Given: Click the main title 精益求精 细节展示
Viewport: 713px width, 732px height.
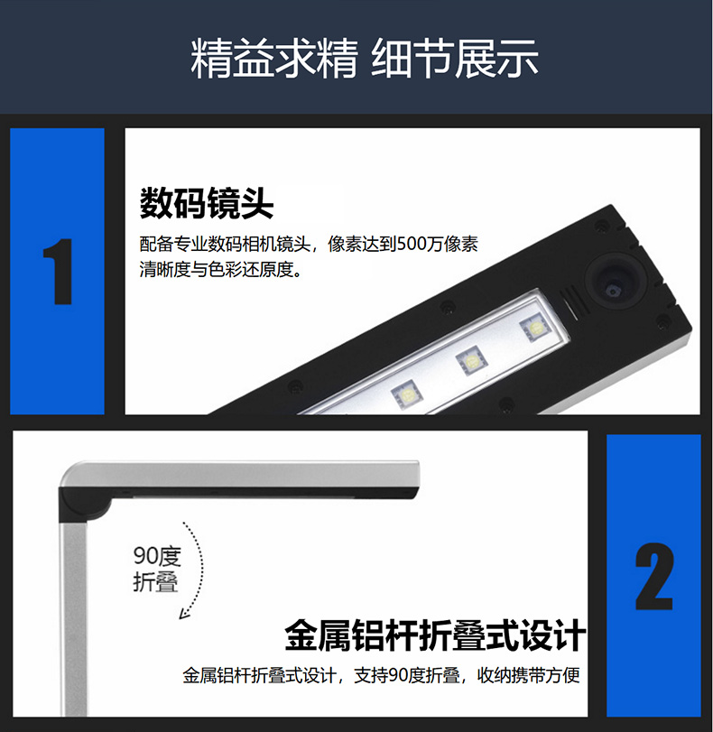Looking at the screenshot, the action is (x=365, y=59).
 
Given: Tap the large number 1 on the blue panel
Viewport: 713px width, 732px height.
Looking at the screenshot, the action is (x=59, y=272).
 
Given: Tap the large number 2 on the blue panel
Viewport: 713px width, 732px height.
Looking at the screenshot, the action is (x=654, y=576).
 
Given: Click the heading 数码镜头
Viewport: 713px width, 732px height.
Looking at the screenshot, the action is (x=207, y=203).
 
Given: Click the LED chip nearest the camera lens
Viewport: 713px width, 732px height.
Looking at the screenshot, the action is (x=534, y=329).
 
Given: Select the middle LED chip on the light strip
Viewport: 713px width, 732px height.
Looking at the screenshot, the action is (x=470, y=361).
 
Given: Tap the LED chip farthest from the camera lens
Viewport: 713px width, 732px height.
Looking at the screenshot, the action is (x=407, y=396).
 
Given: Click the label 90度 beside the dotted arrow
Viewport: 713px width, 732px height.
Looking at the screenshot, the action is (x=157, y=555).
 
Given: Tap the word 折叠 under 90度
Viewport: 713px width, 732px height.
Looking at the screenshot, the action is (x=156, y=581).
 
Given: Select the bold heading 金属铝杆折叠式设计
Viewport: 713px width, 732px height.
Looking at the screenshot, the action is (x=435, y=635).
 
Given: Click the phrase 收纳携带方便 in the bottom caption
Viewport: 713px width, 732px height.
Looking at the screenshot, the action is (x=528, y=675).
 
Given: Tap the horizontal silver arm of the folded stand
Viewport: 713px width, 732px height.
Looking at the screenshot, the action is (x=243, y=474).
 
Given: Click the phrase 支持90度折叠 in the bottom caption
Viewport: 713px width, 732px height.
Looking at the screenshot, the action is (x=407, y=675).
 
